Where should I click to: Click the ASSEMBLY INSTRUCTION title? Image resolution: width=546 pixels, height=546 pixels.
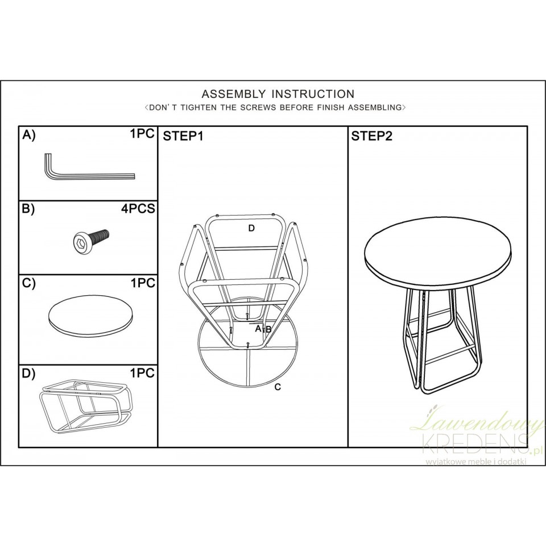[x=278, y=94]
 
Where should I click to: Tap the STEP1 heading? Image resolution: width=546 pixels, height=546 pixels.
[x=183, y=136]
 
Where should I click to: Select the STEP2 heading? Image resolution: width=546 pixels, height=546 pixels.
[x=371, y=136]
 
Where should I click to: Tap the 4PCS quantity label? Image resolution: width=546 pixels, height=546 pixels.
[x=138, y=209]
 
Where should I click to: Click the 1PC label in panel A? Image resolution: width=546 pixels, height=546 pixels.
[x=142, y=134]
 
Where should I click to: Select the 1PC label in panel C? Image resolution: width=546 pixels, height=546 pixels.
[x=142, y=283]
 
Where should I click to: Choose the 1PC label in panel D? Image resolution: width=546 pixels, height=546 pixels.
[x=142, y=373]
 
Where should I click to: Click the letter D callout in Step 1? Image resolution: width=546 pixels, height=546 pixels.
[x=251, y=229]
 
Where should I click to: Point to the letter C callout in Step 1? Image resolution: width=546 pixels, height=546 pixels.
[x=278, y=387]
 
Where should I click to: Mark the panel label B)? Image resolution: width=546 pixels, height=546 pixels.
[x=28, y=209]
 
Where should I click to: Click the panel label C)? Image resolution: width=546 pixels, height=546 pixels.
[x=28, y=284]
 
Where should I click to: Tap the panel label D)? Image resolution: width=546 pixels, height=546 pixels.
[x=28, y=374]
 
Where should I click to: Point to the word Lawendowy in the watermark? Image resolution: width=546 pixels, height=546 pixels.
[x=478, y=419]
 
